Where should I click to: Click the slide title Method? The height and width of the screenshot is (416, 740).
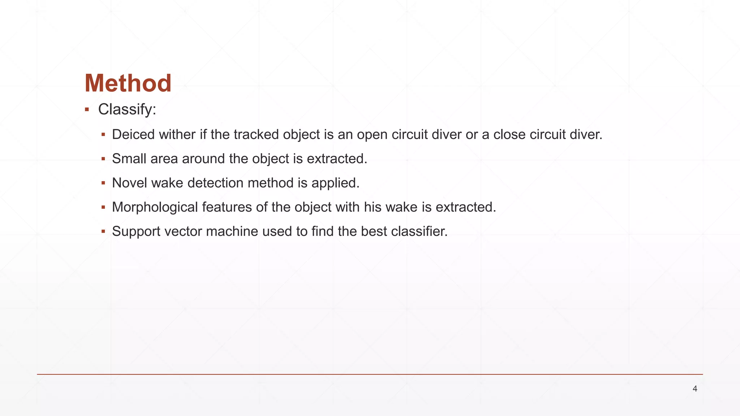pyautogui.click(x=128, y=83)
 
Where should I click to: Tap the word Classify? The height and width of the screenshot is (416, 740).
pyautogui.click(x=126, y=109)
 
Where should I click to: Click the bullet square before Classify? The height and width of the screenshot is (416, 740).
pyautogui.click(x=87, y=109)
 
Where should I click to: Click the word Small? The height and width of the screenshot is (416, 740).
pyautogui.click(x=129, y=159)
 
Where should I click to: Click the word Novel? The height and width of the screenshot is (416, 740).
pyautogui.click(x=130, y=183)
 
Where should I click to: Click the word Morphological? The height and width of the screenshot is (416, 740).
pyautogui.click(x=155, y=207)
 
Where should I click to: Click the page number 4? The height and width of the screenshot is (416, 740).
pyautogui.click(x=695, y=389)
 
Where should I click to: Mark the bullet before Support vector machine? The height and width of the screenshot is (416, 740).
pyautogui.click(x=103, y=231)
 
